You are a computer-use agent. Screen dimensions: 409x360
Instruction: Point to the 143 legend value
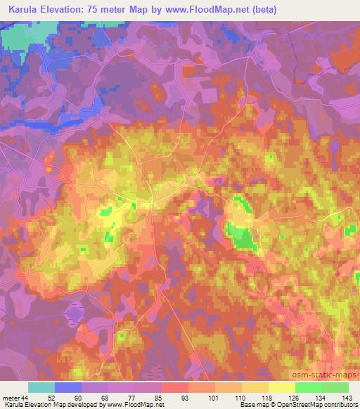pos(347,398)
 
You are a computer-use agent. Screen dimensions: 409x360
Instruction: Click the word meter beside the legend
pos(12,398)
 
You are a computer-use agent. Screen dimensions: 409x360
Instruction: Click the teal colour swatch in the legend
pos(41,387)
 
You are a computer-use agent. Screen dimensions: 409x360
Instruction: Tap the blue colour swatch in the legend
pos(68,387)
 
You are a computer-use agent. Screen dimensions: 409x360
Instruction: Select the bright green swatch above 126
pos(308,387)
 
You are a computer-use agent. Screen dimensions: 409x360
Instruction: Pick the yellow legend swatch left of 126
pos(281,387)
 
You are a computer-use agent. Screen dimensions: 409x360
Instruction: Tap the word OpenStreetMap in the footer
pos(280,405)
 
